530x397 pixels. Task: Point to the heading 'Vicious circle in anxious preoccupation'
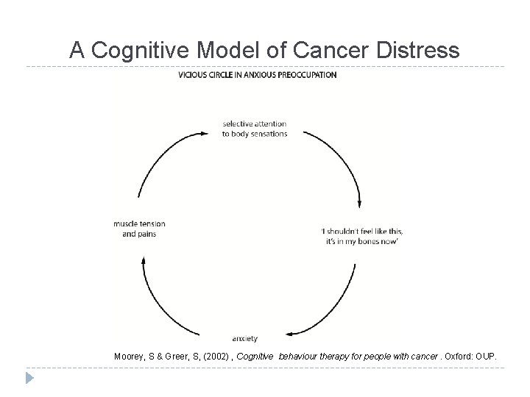[x=257, y=75]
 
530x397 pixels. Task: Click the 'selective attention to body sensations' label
[x=254, y=129]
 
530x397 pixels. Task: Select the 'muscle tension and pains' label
[x=139, y=229]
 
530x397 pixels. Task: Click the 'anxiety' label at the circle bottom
[x=244, y=339]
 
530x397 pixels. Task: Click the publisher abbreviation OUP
[x=486, y=357]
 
